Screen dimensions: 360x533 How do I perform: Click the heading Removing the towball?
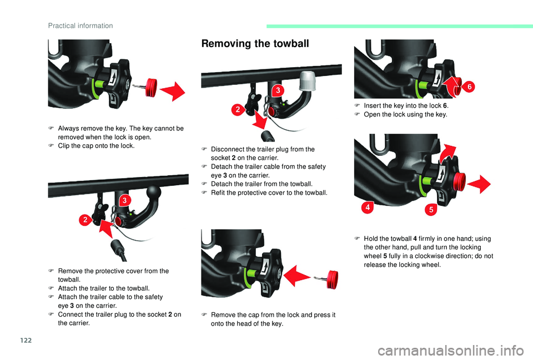[255, 44]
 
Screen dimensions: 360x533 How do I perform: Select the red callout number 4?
[367, 207]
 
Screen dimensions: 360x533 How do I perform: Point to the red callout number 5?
[430, 210]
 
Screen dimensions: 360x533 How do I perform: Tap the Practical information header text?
[81, 26]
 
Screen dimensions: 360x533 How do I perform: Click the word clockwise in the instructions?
[432, 256]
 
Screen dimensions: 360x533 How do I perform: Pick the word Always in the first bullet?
[68, 129]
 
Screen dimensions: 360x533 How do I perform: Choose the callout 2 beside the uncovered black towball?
[86, 220]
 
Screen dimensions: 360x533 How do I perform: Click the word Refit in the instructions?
[219, 192]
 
